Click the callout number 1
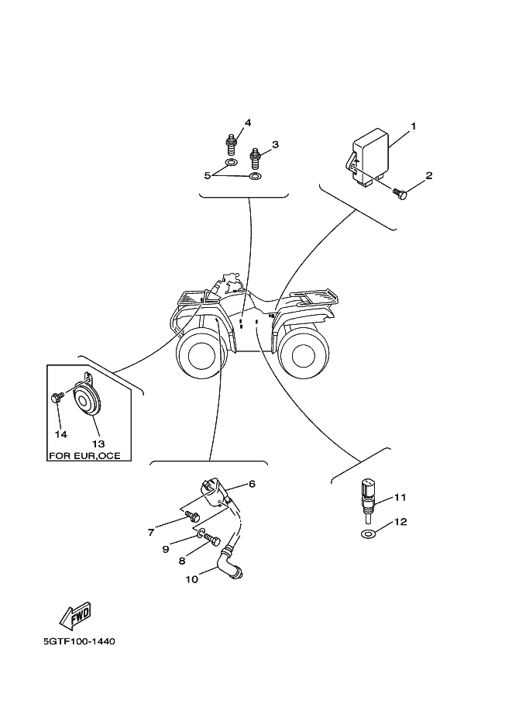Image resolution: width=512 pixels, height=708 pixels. (x=414, y=126)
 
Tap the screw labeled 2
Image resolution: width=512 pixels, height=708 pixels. (x=400, y=192)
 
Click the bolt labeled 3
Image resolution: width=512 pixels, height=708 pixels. (x=255, y=159)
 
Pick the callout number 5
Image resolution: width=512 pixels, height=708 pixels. (x=208, y=176)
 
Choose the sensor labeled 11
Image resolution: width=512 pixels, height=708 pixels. (x=366, y=497)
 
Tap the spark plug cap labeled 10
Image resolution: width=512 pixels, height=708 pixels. (x=231, y=564)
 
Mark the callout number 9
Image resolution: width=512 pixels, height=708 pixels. (x=165, y=549)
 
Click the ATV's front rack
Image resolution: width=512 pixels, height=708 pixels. (x=194, y=295)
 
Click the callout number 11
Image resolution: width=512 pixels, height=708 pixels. (x=400, y=497)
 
